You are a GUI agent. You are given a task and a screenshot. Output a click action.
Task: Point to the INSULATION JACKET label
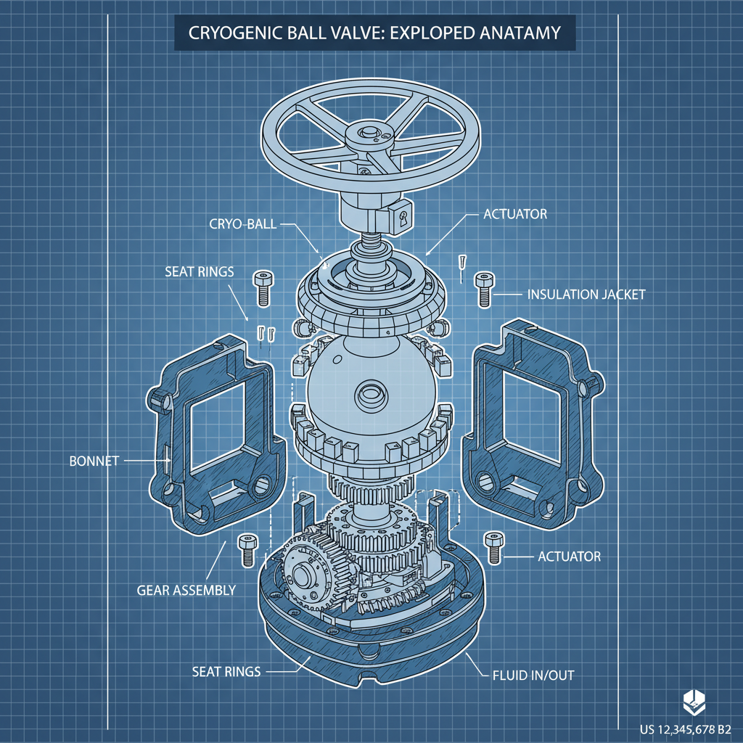(586, 295)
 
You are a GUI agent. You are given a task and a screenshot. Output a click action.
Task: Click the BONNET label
(94, 461)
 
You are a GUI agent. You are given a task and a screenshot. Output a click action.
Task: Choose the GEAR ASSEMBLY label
(186, 590)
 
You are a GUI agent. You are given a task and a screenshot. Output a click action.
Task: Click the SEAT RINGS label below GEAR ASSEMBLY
(226, 672)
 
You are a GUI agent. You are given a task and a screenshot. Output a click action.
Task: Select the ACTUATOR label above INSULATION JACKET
(514, 215)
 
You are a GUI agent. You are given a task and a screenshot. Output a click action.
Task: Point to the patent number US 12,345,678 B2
(685, 728)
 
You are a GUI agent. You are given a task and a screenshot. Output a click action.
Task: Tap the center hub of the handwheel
(371, 135)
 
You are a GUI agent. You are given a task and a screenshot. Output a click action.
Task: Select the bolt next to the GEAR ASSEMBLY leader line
(247, 549)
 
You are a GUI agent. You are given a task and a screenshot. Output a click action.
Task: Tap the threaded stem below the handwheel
(370, 239)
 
